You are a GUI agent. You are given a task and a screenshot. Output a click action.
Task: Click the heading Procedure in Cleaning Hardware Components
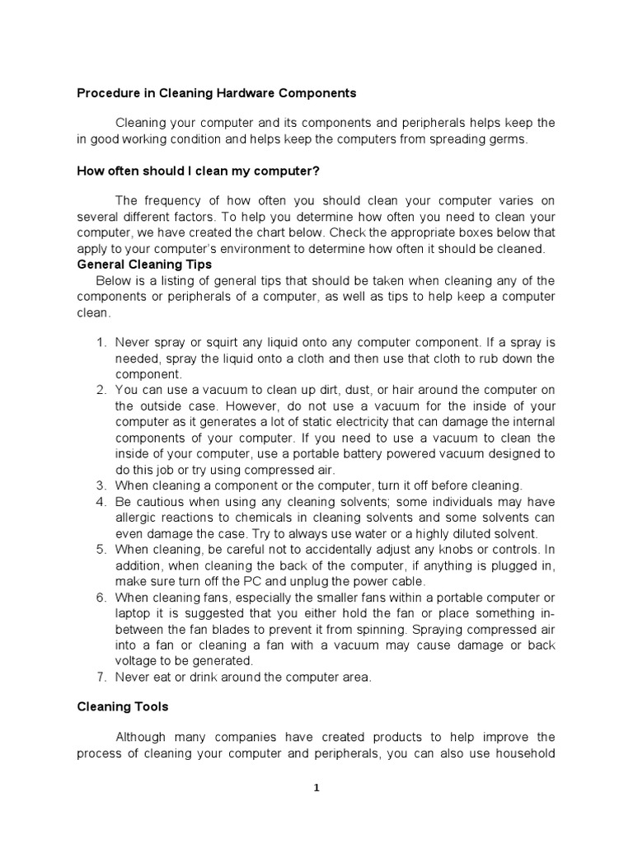pos(216,93)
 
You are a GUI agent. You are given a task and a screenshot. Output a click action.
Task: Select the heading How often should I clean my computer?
pos(198,171)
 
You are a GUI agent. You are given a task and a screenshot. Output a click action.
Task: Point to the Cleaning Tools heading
pos(123,706)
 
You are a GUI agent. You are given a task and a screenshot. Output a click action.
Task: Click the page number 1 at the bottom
pos(316,787)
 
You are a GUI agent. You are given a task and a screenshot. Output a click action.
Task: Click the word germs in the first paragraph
pos(504,139)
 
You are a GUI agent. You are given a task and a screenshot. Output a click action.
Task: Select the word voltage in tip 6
pos(138,661)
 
